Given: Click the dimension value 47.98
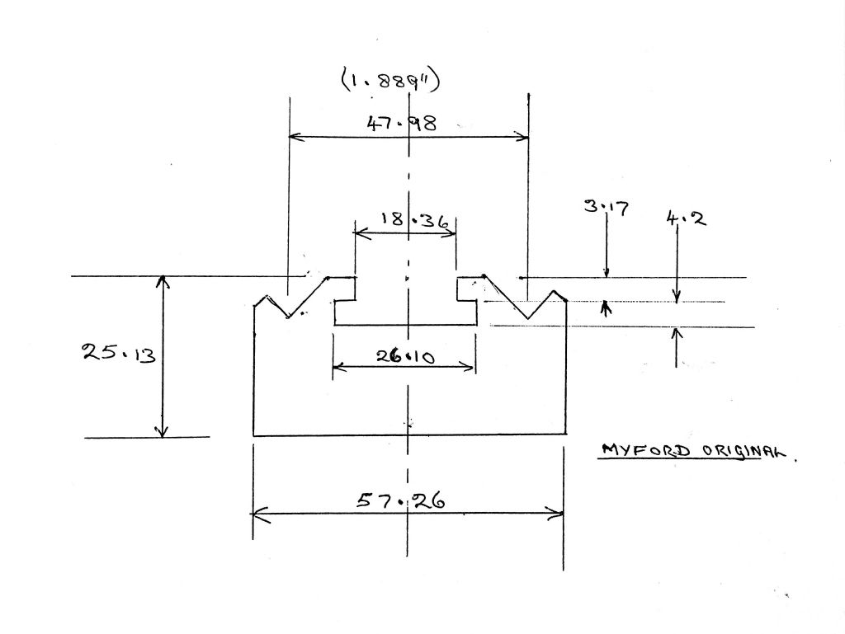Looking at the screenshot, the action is click(x=402, y=124).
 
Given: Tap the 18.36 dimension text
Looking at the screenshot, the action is click(x=414, y=221).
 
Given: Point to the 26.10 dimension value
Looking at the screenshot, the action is click(x=405, y=356).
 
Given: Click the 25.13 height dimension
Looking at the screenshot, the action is click(x=119, y=354).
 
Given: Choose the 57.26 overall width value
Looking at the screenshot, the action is click(x=401, y=501).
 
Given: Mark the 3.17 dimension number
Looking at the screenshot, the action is click(x=607, y=207).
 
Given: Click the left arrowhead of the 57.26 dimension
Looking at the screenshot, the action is click(x=258, y=514).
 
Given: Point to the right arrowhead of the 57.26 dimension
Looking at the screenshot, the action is click(x=556, y=514).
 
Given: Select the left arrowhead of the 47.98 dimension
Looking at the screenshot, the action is click(x=295, y=137).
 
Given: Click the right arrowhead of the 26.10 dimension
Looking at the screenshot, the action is click(x=469, y=368).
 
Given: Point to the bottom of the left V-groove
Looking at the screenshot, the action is click(x=287, y=317).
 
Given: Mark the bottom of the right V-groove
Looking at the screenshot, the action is click(x=529, y=318).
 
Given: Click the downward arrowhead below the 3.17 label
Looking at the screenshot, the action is click(x=607, y=273).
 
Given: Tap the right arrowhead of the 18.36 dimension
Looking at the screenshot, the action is click(x=451, y=233).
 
